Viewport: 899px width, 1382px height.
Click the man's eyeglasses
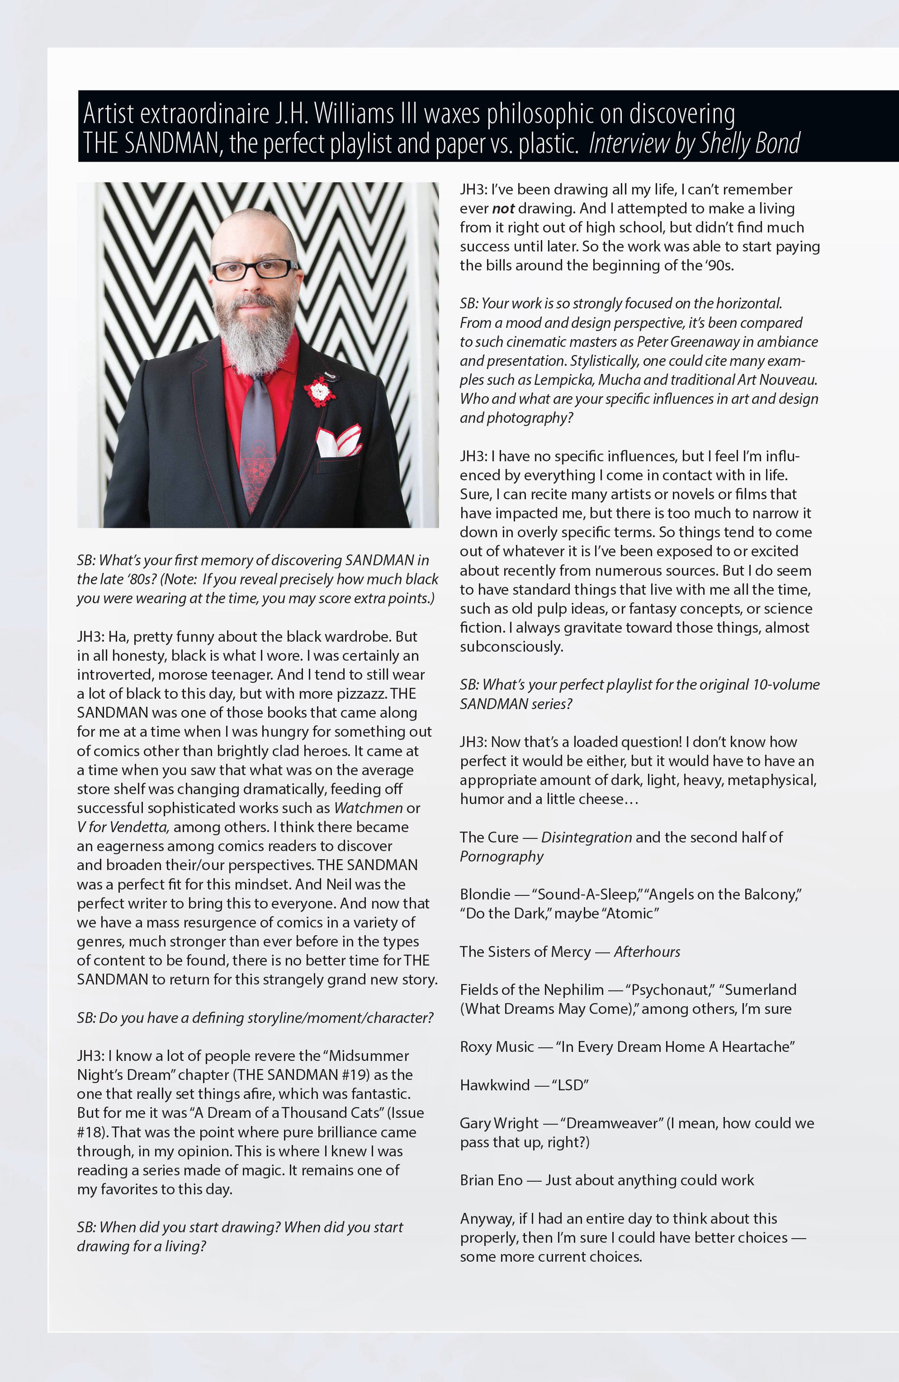click(254, 269)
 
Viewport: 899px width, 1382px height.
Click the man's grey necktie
click(257, 441)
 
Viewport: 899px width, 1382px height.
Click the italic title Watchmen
click(368, 808)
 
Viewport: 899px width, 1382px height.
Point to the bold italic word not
click(503, 208)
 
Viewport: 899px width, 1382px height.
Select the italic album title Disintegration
click(586, 837)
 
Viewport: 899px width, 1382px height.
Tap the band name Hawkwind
click(495, 1085)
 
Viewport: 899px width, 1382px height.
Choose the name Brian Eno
click(491, 1180)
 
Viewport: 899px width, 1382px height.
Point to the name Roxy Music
click(496, 1046)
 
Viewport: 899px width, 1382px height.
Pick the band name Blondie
click(485, 894)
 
